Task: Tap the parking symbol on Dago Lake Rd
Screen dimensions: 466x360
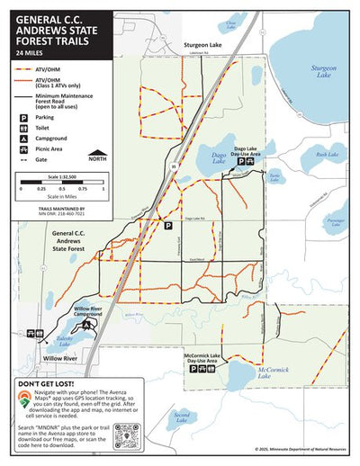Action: coord(166,227)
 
